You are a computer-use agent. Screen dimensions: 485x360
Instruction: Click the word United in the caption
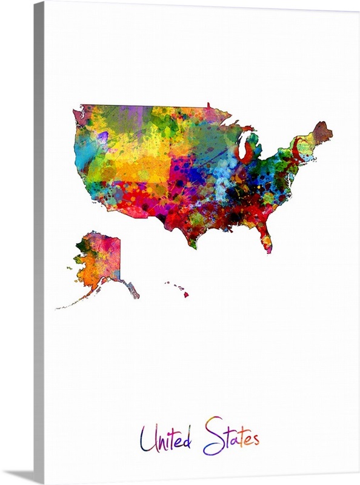(165, 438)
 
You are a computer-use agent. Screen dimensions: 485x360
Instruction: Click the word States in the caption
(231, 436)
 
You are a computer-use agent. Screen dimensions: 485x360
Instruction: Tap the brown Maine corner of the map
(322, 132)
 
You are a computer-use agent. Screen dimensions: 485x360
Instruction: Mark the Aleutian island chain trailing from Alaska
(73, 303)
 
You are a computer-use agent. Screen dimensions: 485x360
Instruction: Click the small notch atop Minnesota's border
(208, 105)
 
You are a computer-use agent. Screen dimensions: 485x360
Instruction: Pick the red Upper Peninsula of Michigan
(246, 129)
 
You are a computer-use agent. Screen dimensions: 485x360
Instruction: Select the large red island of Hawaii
(186, 295)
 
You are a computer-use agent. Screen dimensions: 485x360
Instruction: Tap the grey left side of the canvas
(39, 242)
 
